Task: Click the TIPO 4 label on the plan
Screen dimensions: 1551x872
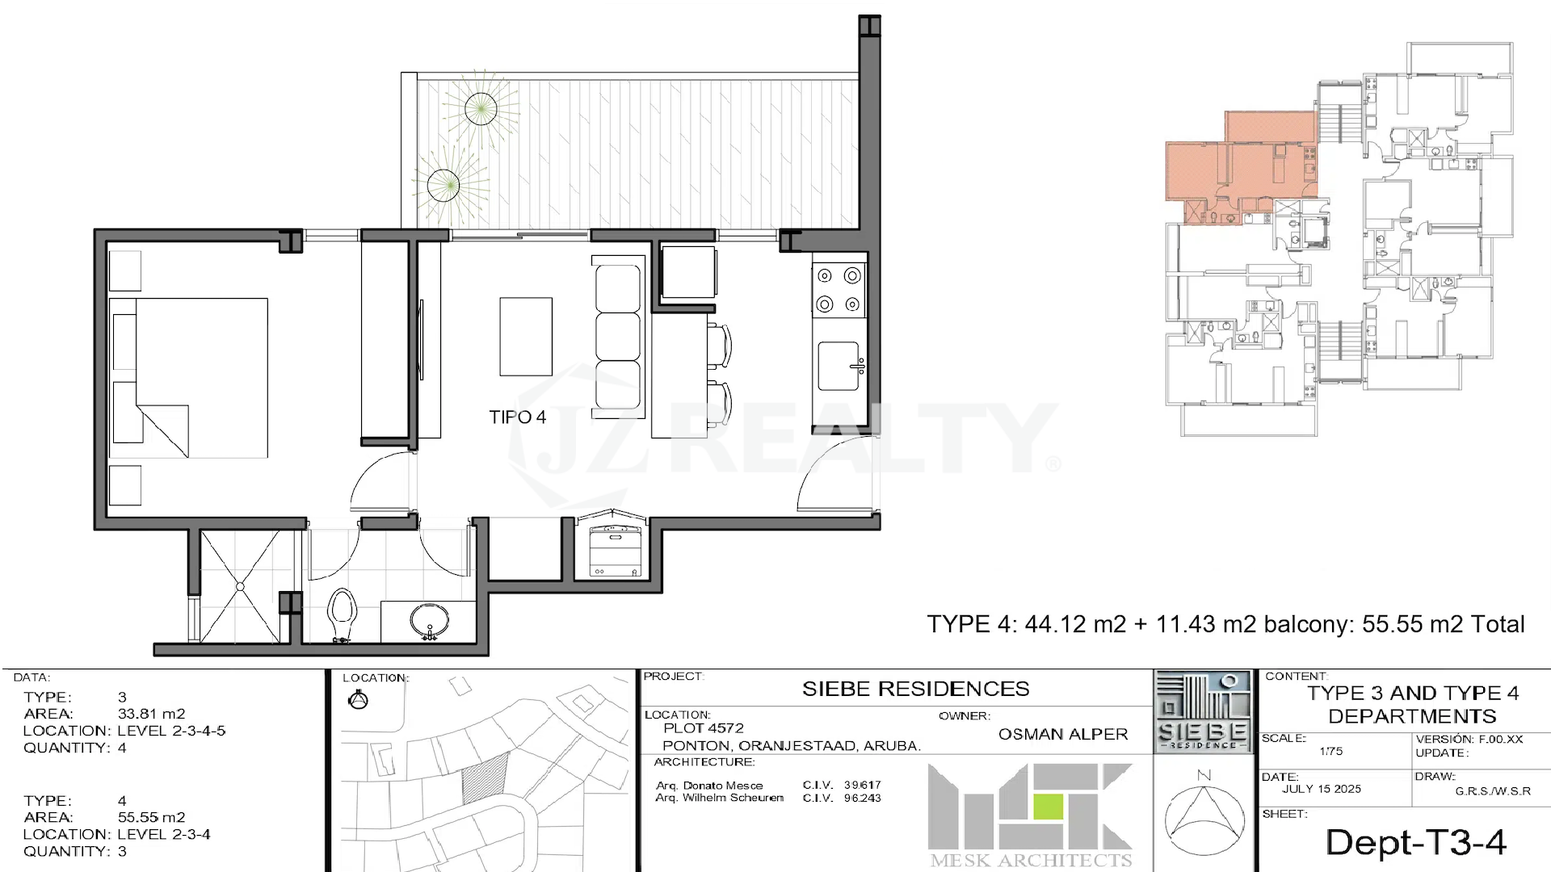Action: point(517,417)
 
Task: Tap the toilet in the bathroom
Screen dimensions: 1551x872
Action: point(343,615)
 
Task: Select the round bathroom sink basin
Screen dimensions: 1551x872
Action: point(430,622)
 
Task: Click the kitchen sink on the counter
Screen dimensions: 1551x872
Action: point(839,367)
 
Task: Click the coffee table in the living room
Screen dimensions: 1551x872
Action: point(526,337)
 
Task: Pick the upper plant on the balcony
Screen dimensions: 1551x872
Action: point(481,108)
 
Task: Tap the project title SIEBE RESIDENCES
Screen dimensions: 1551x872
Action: point(915,689)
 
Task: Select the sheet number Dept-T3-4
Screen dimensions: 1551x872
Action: point(1415,842)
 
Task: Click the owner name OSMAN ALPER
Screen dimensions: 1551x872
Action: point(1062,734)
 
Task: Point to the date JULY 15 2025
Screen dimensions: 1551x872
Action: point(1321,789)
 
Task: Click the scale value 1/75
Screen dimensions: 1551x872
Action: point(1330,751)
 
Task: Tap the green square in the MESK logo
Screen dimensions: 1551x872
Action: point(1049,807)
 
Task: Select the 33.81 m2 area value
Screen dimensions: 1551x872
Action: point(151,714)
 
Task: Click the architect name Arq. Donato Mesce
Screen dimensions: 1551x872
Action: point(709,786)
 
